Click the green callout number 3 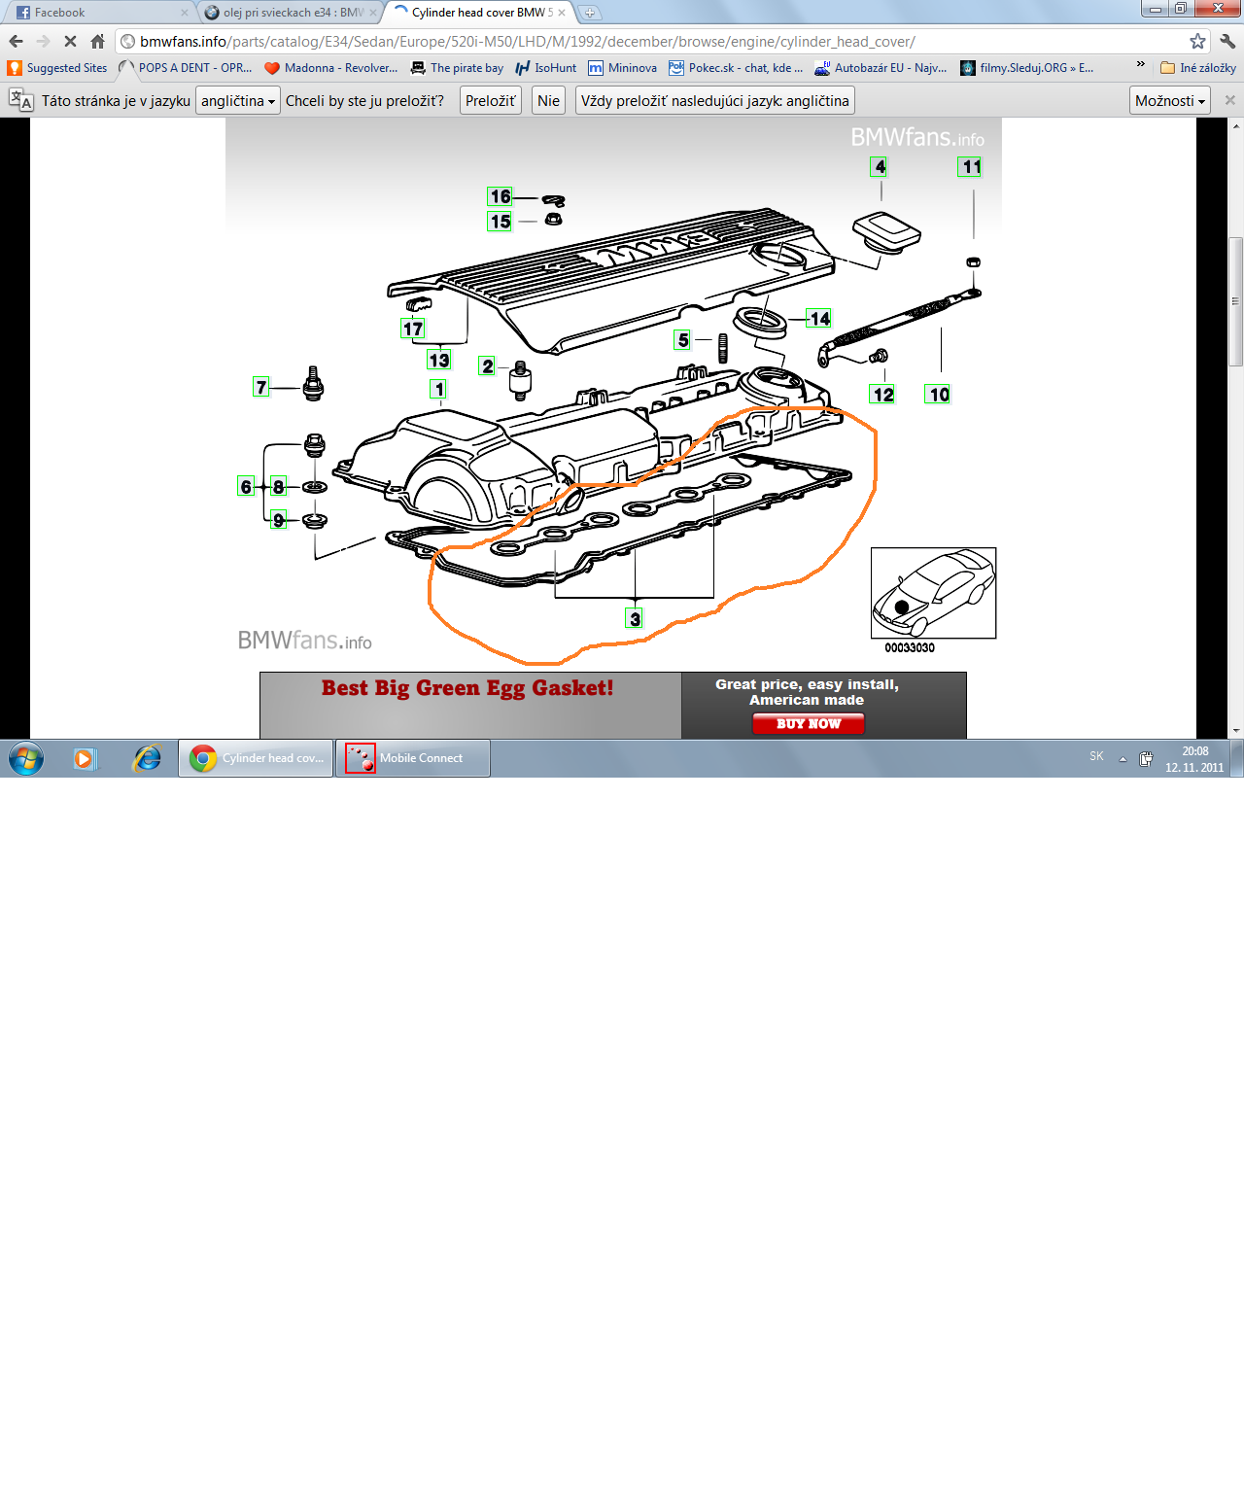[x=635, y=618]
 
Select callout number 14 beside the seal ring [x=819, y=318]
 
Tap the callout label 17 [x=412, y=329]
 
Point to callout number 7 [x=261, y=387]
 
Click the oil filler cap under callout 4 [x=886, y=231]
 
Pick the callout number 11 [x=970, y=166]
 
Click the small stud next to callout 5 [x=723, y=348]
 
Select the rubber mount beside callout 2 [x=521, y=380]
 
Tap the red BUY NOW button [x=808, y=723]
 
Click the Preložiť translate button [x=491, y=101]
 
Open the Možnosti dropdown [x=1169, y=101]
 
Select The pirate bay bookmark [x=457, y=68]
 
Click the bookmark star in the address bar [x=1197, y=42]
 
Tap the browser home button [x=98, y=42]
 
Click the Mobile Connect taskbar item [x=412, y=758]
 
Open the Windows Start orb [x=26, y=759]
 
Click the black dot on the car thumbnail [x=902, y=608]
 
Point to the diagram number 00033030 [x=910, y=647]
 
